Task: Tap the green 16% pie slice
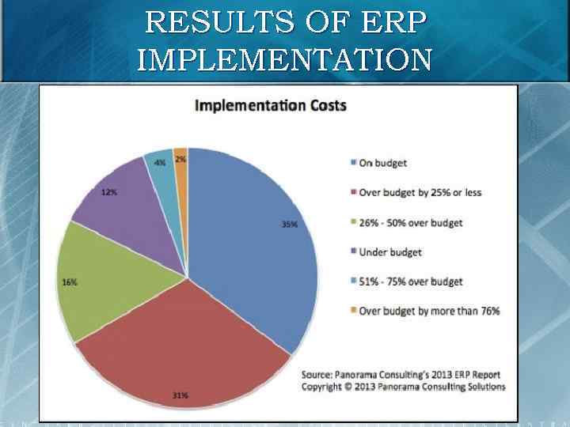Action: (119, 285)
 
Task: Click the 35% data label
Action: (290, 225)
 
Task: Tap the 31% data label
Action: (180, 395)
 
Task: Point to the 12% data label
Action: (109, 193)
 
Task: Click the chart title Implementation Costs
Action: (271, 105)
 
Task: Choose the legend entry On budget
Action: (383, 163)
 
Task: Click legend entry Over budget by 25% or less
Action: (420, 192)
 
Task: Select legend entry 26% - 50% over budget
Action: (410, 222)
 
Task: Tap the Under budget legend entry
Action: (390, 252)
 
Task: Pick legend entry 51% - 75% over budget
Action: (410, 282)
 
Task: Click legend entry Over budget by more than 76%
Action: (429, 311)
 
